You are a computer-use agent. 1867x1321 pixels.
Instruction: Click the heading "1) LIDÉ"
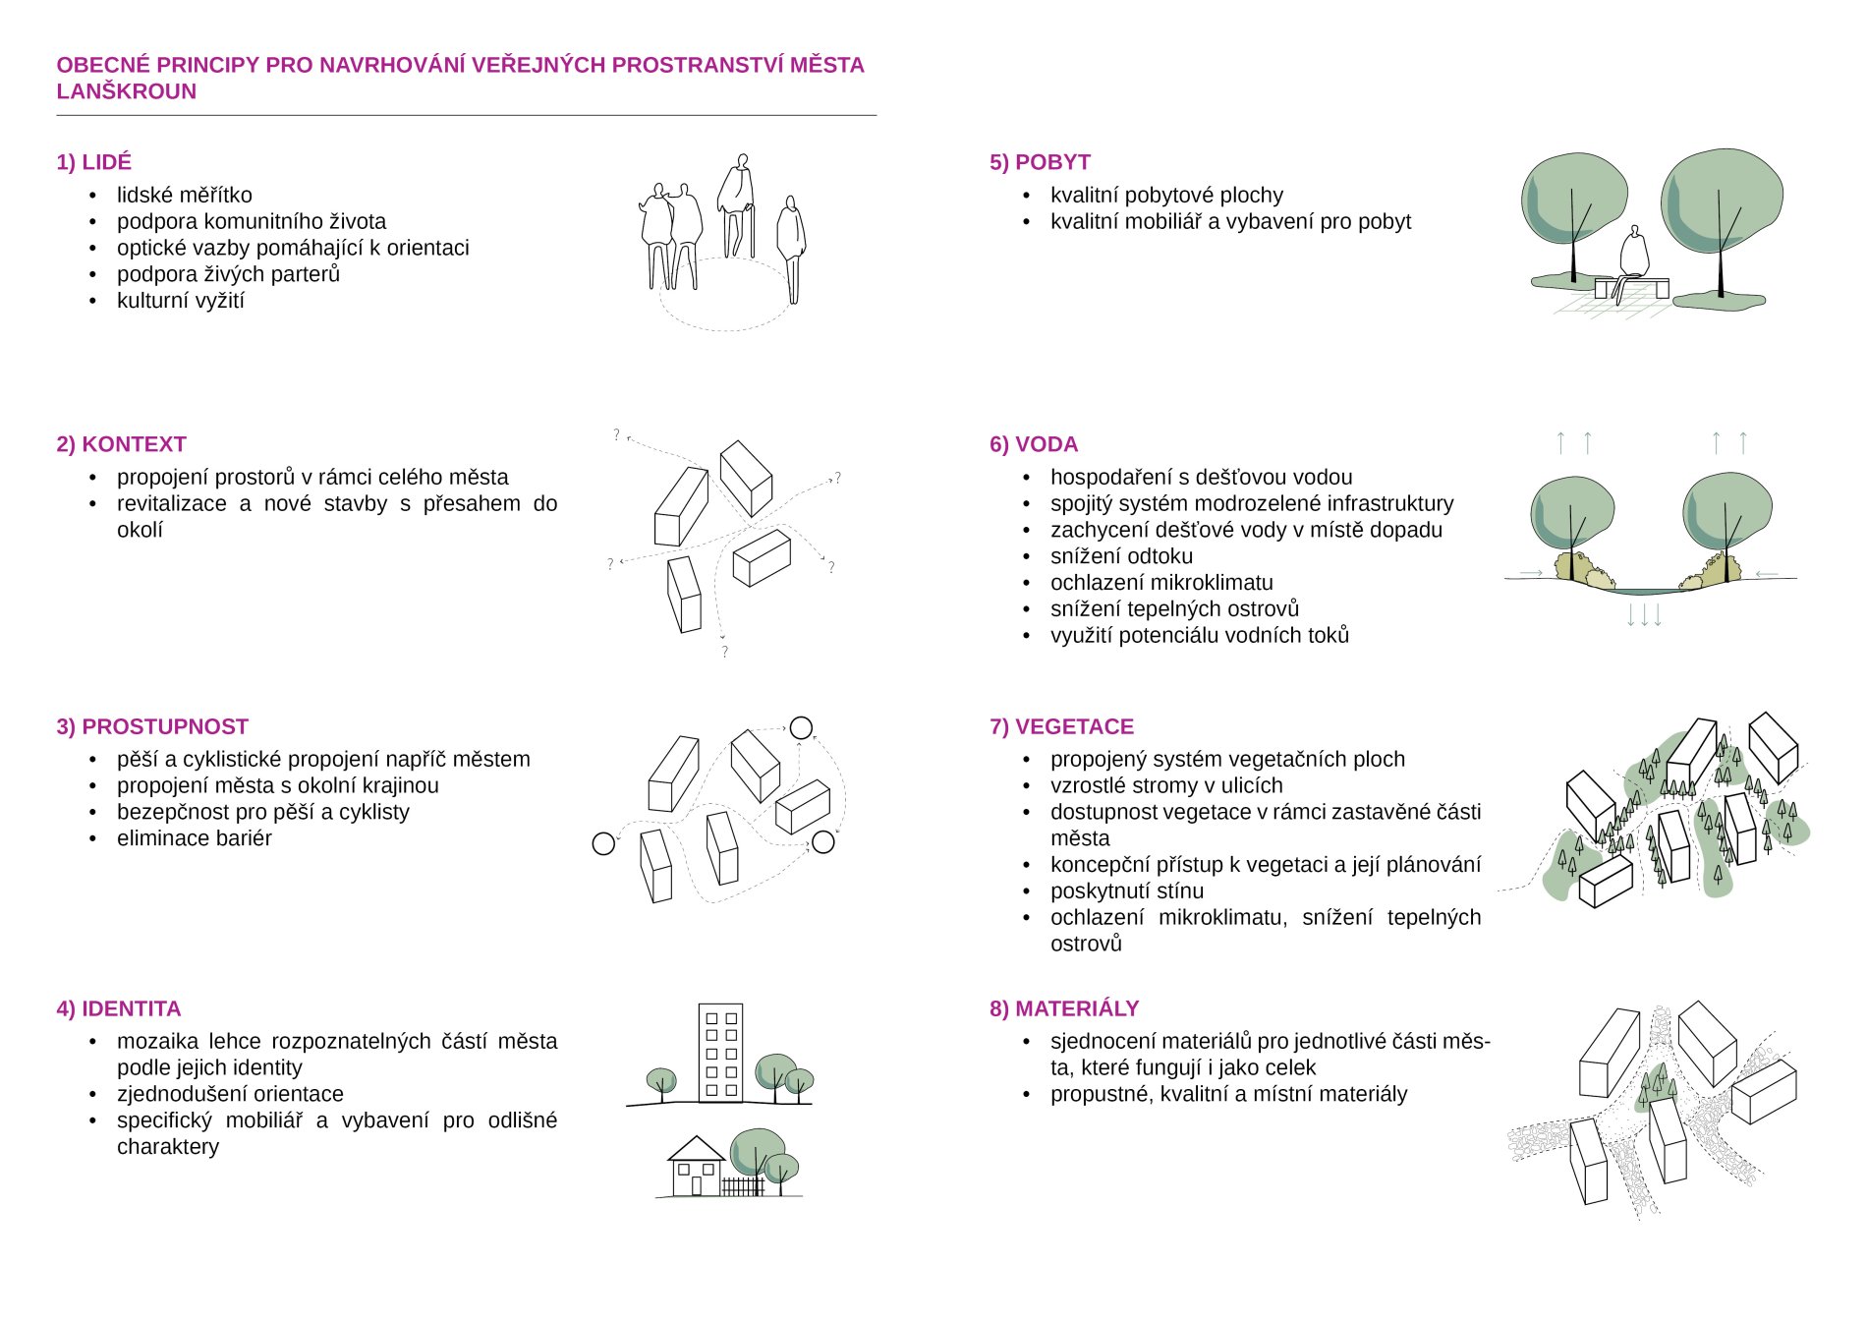point(94,162)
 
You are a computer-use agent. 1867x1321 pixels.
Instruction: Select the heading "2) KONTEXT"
point(121,444)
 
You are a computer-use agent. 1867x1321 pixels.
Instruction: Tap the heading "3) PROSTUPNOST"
point(152,726)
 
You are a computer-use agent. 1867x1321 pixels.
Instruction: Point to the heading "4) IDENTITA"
point(119,1008)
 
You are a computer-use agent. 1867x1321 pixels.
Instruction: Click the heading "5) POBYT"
point(1040,162)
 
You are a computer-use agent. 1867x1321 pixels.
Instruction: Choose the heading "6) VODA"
point(1034,444)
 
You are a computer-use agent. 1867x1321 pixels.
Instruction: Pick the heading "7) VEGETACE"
point(1061,726)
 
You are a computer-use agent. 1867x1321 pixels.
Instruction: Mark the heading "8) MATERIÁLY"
point(1064,1008)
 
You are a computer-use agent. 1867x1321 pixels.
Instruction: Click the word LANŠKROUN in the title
point(127,91)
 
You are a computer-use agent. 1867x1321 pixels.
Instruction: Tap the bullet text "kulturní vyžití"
point(181,301)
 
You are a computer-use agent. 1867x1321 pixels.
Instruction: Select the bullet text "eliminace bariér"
point(195,838)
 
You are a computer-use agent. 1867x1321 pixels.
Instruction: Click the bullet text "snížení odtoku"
point(1121,556)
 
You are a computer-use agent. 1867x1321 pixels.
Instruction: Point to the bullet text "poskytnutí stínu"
point(1127,891)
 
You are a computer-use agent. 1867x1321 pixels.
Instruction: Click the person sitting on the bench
point(1632,258)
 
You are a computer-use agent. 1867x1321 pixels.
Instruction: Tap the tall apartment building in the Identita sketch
point(720,1053)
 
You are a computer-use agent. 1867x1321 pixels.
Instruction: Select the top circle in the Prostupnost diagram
point(801,727)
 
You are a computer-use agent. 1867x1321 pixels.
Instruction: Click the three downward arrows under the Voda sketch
point(1644,615)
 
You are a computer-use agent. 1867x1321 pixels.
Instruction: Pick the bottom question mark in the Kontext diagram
point(725,652)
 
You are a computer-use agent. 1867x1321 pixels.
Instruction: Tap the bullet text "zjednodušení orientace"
point(230,1094)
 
